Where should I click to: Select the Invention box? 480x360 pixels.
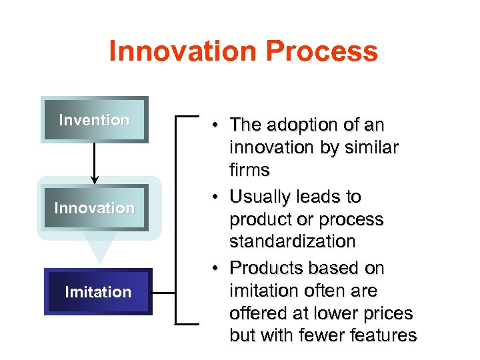tap(94, 120)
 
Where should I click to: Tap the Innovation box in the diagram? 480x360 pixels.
tap(94, 208)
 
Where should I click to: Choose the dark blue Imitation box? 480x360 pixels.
tap(98, 292)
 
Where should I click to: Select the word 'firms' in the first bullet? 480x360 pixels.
tap(249, 171)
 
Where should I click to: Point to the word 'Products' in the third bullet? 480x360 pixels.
tap(265, 269)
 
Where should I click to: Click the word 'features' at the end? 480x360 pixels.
tap(381, 336)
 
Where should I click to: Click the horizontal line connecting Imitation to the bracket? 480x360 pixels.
tap(164, 291)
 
